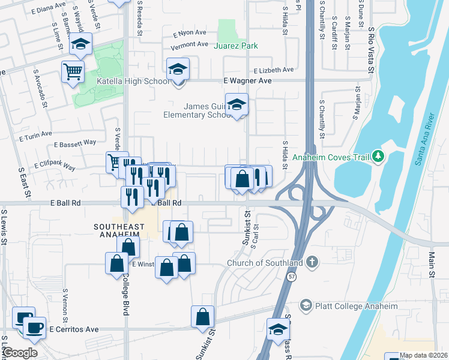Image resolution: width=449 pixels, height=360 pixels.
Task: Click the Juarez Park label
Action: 237,45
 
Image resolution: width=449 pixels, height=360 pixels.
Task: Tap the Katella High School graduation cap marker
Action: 178,69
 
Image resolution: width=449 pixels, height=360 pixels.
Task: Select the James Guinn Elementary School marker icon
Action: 237,105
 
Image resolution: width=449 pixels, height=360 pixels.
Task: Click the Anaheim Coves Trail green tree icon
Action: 378,157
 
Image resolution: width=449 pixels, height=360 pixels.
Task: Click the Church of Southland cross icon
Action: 311,262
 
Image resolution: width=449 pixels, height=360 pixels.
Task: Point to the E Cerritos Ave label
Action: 74,329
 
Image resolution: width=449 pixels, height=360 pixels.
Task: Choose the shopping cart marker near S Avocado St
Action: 73,72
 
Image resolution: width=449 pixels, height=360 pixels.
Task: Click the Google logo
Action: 20,353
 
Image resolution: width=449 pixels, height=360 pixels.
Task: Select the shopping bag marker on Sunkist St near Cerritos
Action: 203,317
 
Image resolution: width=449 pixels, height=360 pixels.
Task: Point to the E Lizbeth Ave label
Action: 273,70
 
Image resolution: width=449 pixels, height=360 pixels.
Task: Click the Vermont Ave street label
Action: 188,44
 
